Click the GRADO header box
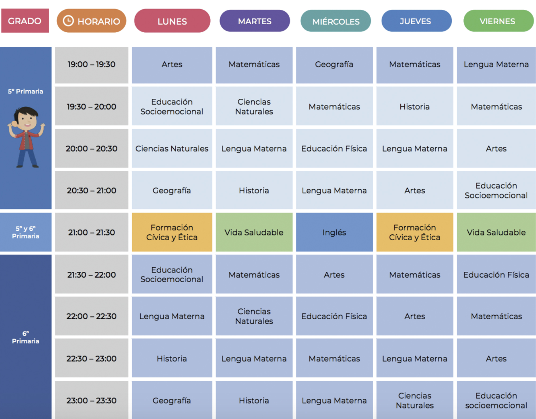(25, 21)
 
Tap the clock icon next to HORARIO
(68, 21)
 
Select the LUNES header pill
(172, 21)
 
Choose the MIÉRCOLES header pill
(336, 21)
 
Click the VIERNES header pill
(498, 21)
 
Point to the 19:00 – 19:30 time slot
(91, 65)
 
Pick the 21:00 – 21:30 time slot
(91, 232)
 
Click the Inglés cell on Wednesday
(334, 232)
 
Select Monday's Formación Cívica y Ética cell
(172, 232)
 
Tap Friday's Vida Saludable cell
(496, 232)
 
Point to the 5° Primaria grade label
(25, 91)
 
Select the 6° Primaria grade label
(25, 337)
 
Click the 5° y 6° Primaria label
(25, 232)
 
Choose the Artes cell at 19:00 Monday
(172, 65)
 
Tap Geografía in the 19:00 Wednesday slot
(334, 65)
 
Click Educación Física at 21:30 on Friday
(496, 275)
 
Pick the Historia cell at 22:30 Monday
(172, 358)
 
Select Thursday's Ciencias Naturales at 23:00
(415, 400)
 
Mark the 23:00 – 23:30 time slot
(91, 400)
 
